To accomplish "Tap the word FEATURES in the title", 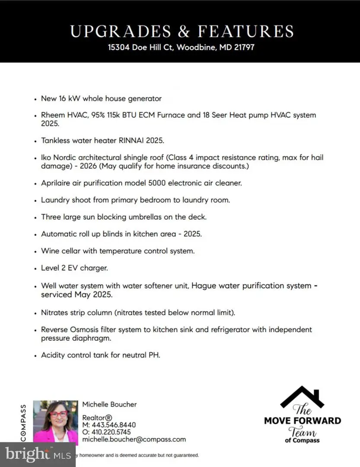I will click(x=246, y=31).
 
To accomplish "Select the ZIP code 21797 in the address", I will click(x=243, y=47).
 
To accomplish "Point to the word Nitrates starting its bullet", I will click(x=56, y=312).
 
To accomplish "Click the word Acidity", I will click(x=54, y=355).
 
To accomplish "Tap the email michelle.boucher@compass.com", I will click(x=134, y=439).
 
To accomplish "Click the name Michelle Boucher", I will click(x=109, y=404).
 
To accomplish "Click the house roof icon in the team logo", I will click(x=303, y=397).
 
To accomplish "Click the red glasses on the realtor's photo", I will click(x=59, y=414).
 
